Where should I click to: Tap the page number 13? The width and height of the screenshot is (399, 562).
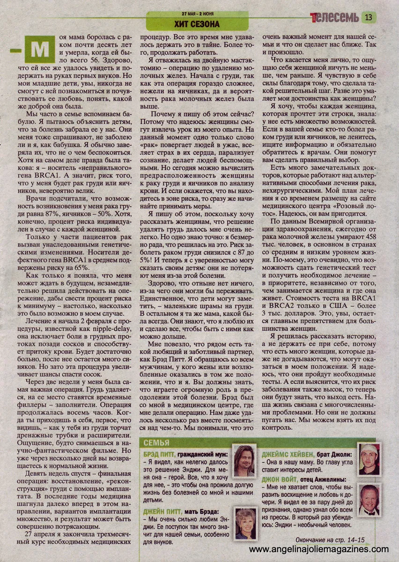[x=368, y=18]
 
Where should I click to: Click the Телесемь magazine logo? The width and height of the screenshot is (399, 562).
[x=334, y=17]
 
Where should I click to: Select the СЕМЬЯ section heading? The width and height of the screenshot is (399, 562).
[x=156, y=443]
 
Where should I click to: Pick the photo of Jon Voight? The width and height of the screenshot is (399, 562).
[x=369, y=500]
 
